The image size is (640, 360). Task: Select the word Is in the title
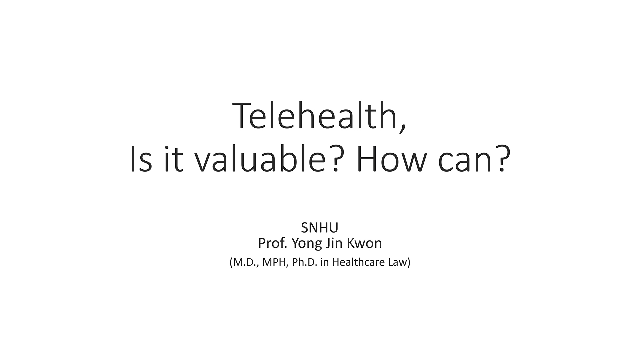click(141, 159)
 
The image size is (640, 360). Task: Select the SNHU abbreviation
click(320, 228)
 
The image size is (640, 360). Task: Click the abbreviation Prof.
click(273, 243)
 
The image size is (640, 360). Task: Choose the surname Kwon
click(365, 243)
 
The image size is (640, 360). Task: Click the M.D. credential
click(244, 262)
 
